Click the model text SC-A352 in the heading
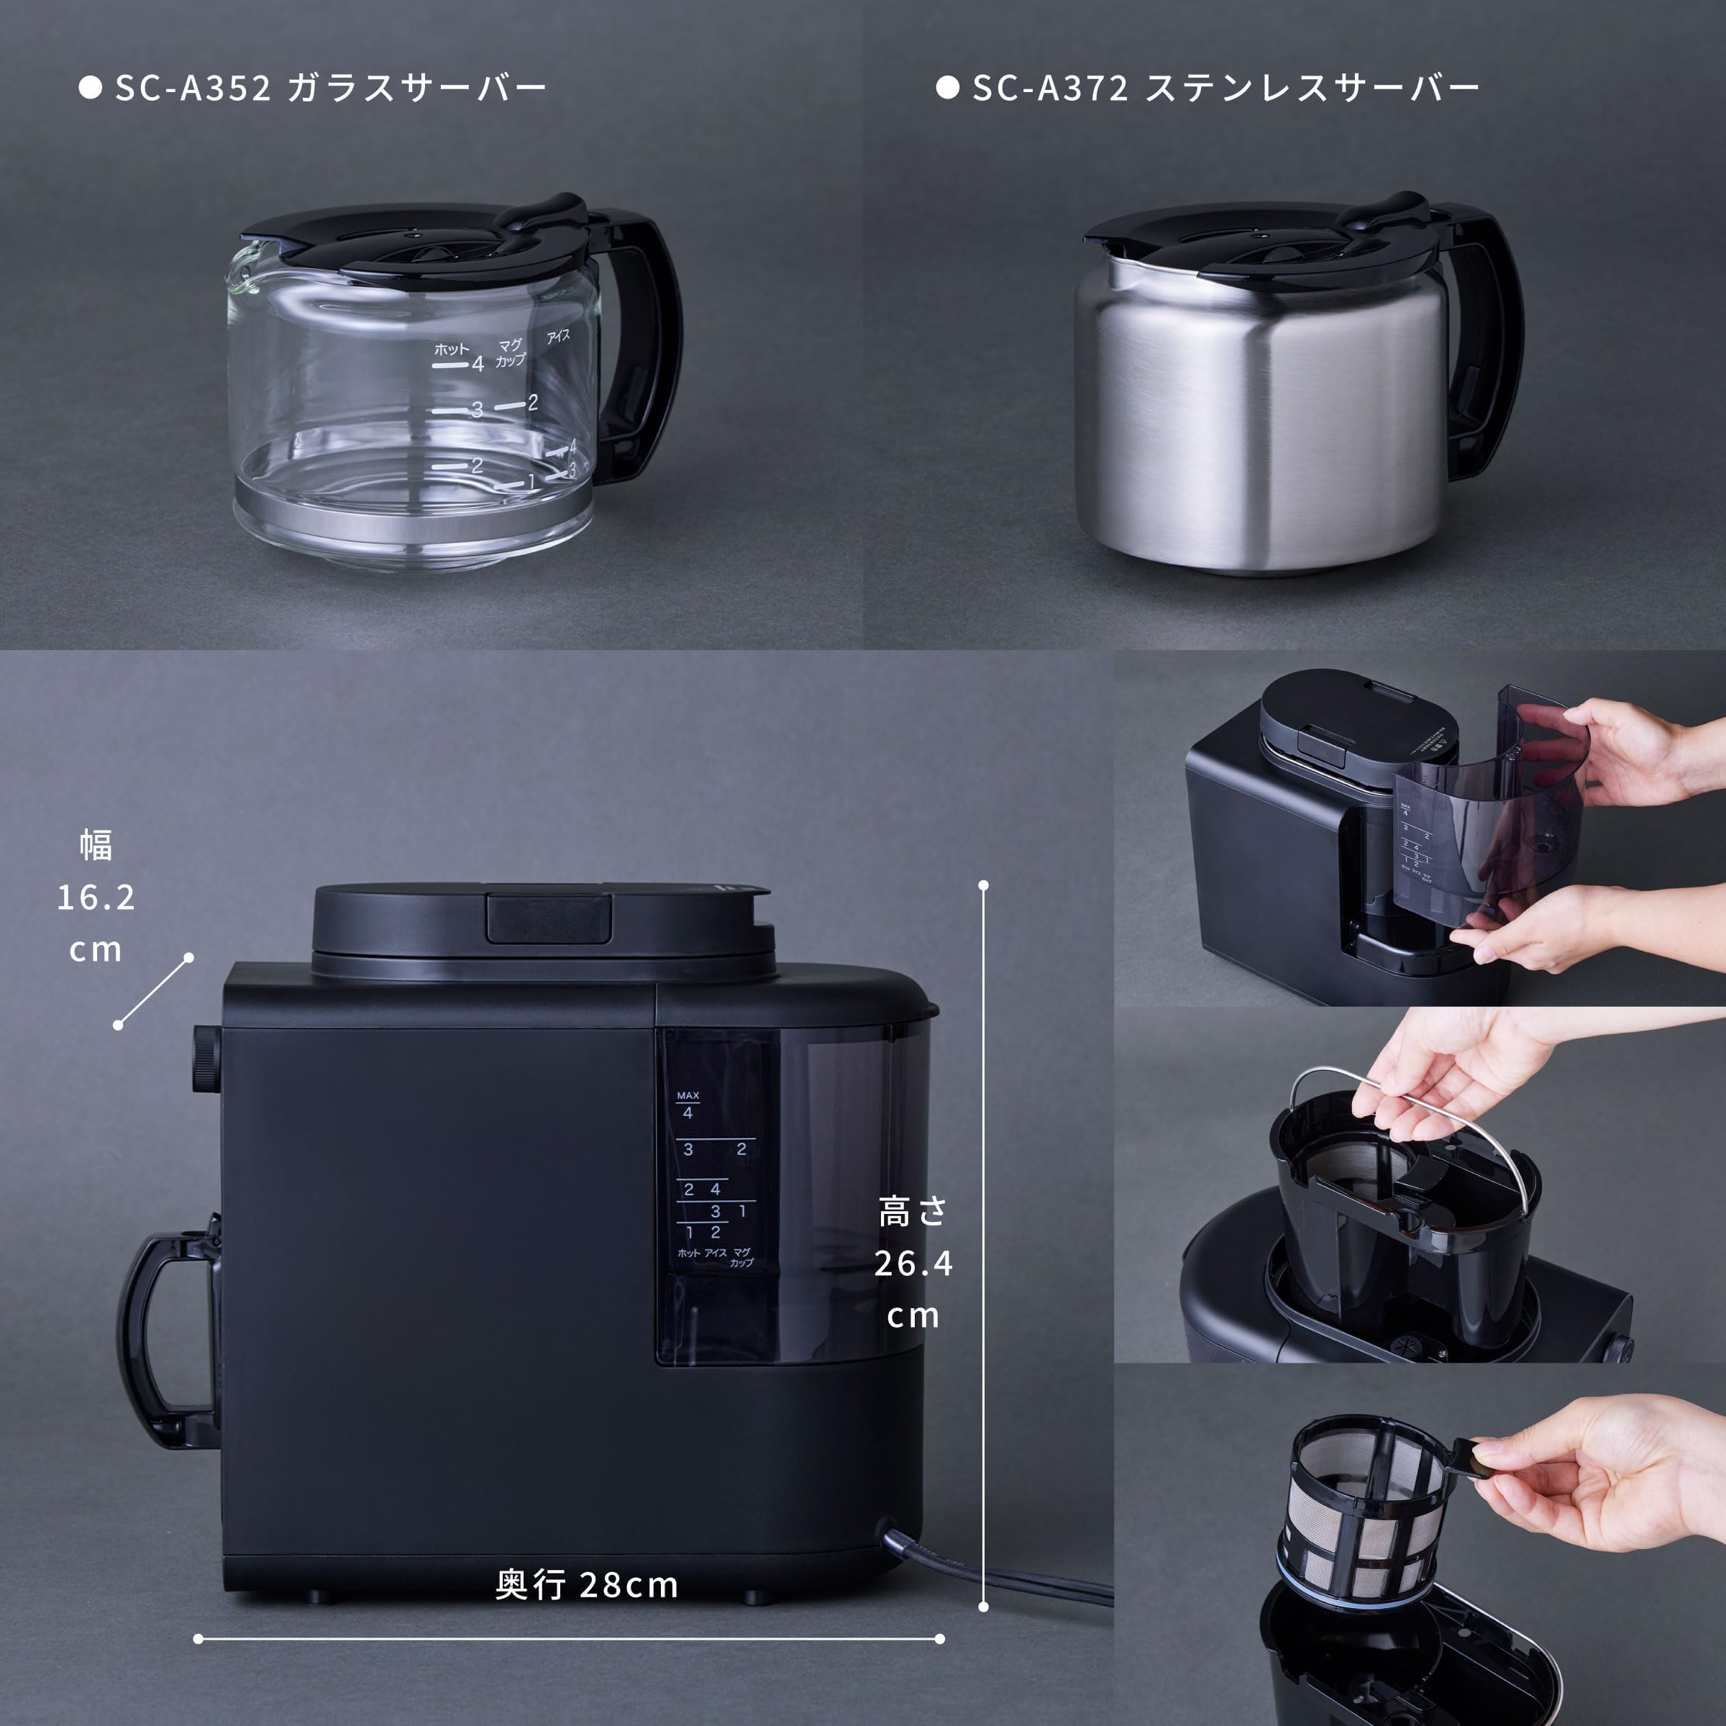[193, 88]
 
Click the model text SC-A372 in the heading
[1051, 88]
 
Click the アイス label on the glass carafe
[558, 337]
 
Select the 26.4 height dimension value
[913, 1264]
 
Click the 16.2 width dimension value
[96, 897]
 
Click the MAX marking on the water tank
[688, 1095]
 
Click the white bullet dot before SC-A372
[947, 88]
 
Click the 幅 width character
[96, 844]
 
